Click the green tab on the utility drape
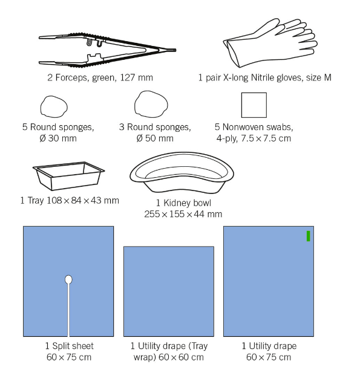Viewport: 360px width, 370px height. pos(308,236)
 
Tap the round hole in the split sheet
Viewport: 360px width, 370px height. pos(68,279)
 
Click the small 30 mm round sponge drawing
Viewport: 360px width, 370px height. pos(54,106)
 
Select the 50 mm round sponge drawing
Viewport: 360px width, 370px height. pos(151,104)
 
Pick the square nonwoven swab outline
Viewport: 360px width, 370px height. pos(254,105)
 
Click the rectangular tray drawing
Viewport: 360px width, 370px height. pos(68,176)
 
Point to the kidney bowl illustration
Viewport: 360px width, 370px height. pos(182,173)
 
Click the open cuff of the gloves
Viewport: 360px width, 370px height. pos(232,53)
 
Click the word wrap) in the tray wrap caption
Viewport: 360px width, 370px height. pos(145,357)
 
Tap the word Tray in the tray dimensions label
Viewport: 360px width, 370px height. pos(36,201)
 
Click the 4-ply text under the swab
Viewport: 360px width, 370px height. pos(227,138)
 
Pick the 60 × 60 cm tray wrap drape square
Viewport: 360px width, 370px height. pos(169,291)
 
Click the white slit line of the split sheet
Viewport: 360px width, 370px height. pos(68,310)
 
